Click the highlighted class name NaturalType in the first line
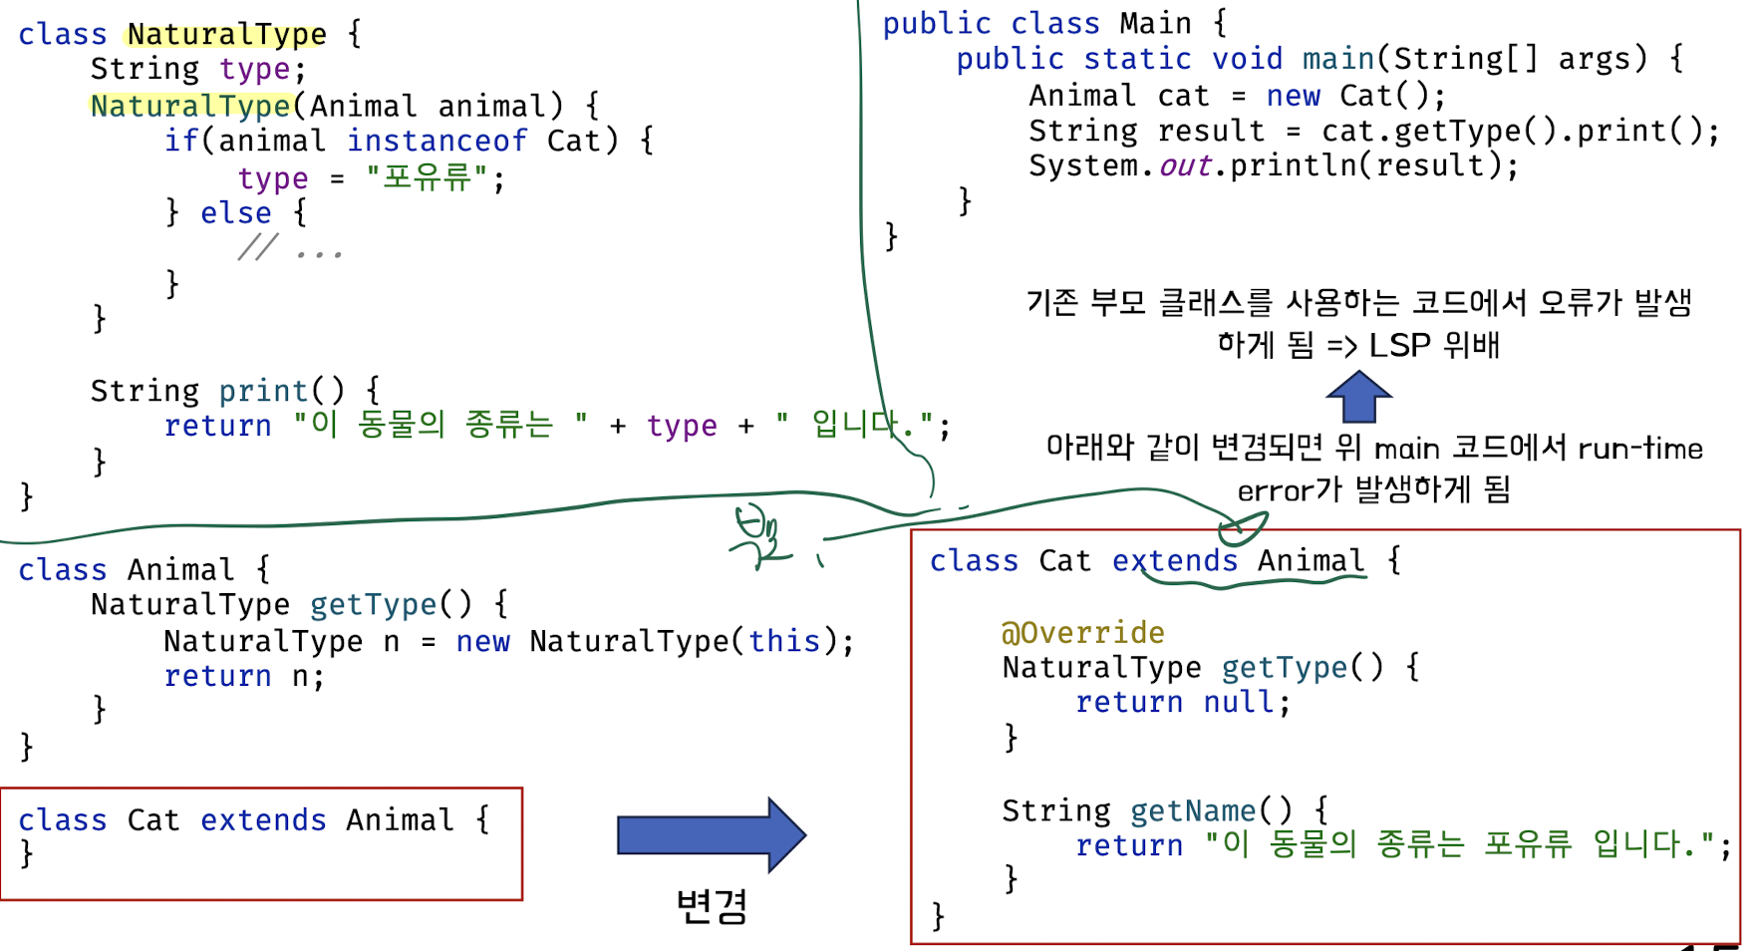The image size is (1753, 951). click(x=226, y=34)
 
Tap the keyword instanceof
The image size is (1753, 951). click(x=437, y=141)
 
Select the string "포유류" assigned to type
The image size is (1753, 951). click(x=428, y=177)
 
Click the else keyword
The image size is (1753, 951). click(x=235, y=213)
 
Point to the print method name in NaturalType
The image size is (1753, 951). click(x=263, y=391)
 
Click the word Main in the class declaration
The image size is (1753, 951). click(x=1155, y=23)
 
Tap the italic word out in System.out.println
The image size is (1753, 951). click(x=1185, y=165)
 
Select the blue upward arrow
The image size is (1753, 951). click(x=1358, y=396)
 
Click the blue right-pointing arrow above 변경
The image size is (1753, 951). click(x=711, y=834)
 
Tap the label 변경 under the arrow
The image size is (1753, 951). click(x=711, y=905)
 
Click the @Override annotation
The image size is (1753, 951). click(x=1082, y=632)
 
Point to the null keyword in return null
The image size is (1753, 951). click(x=1239, y=702)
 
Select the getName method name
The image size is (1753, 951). click(x=1193, y=810)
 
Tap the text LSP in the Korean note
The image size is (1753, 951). click(x=1399, y=345)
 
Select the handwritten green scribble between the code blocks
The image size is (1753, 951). click(x=757, y=538)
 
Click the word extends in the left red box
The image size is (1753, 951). click(x=263, y=819)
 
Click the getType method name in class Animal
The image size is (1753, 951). click(x=373, y=604)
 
